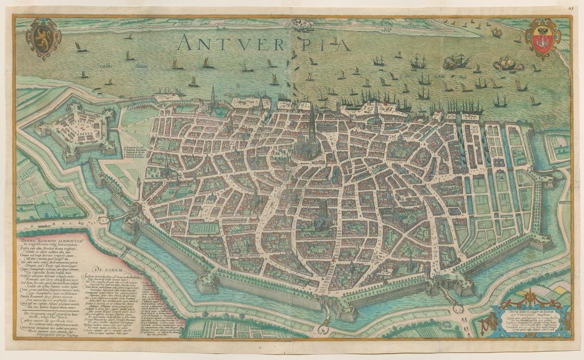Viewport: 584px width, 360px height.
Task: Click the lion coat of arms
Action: click(x=43, y=38)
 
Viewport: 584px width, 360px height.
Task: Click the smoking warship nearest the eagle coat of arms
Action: click(x=509, y=63)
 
